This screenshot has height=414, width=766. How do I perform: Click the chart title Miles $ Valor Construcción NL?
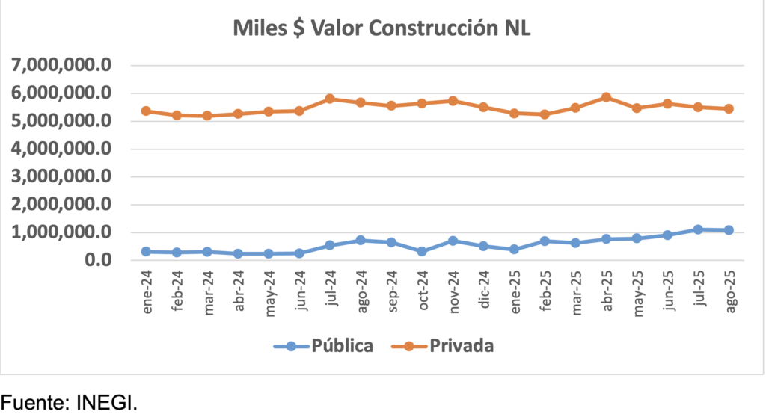pos(382,29)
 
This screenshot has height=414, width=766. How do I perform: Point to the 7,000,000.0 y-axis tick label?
pos(61,65)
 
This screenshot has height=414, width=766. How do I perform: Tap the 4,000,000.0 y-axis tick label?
pos(61,149)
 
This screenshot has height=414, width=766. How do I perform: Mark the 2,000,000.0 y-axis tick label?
pos(61,204)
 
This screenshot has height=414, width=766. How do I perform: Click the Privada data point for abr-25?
pos(606,97)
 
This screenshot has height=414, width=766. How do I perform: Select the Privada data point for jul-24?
pos(330,99)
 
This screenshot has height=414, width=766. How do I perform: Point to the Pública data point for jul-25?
pos(698,229)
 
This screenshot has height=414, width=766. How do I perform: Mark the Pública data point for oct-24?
pos(422,251)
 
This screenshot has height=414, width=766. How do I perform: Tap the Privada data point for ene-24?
pos(147,111)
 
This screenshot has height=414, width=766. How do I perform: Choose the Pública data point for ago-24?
pos(361,240)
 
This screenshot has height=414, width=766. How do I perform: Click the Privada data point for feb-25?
pos(545,114)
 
